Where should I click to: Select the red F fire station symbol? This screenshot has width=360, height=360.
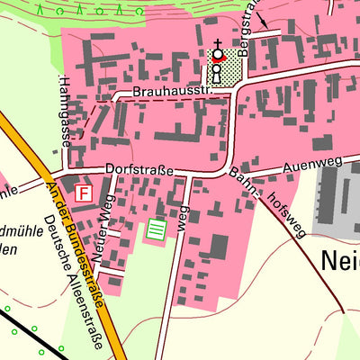point(85,193)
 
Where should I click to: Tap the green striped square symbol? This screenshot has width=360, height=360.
point(157,229)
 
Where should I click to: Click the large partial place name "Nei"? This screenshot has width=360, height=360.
point(339,261)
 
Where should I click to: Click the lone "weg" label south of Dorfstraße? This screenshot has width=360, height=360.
point(183,220)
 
